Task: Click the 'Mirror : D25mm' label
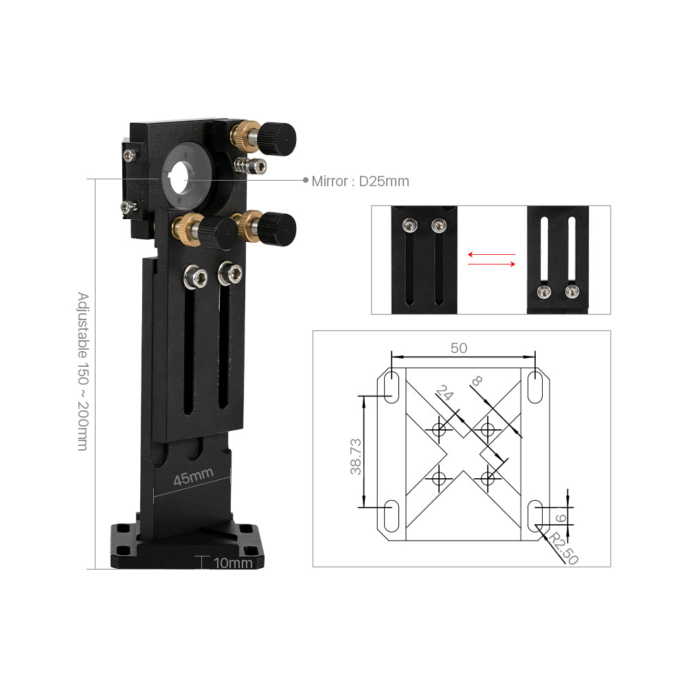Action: click(360, 181)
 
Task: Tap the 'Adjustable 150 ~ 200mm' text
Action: click(83, 371)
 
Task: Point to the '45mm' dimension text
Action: click(193, 477)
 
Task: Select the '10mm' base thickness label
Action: click(233, 563)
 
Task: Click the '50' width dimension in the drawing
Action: click(459, 348)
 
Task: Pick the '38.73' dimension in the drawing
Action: click(356, 457)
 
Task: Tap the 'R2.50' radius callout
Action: click(564, 548)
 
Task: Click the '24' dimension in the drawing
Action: click(444, 392)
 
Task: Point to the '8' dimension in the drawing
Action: click(476, 381)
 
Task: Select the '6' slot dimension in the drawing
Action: click(561, 518)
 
